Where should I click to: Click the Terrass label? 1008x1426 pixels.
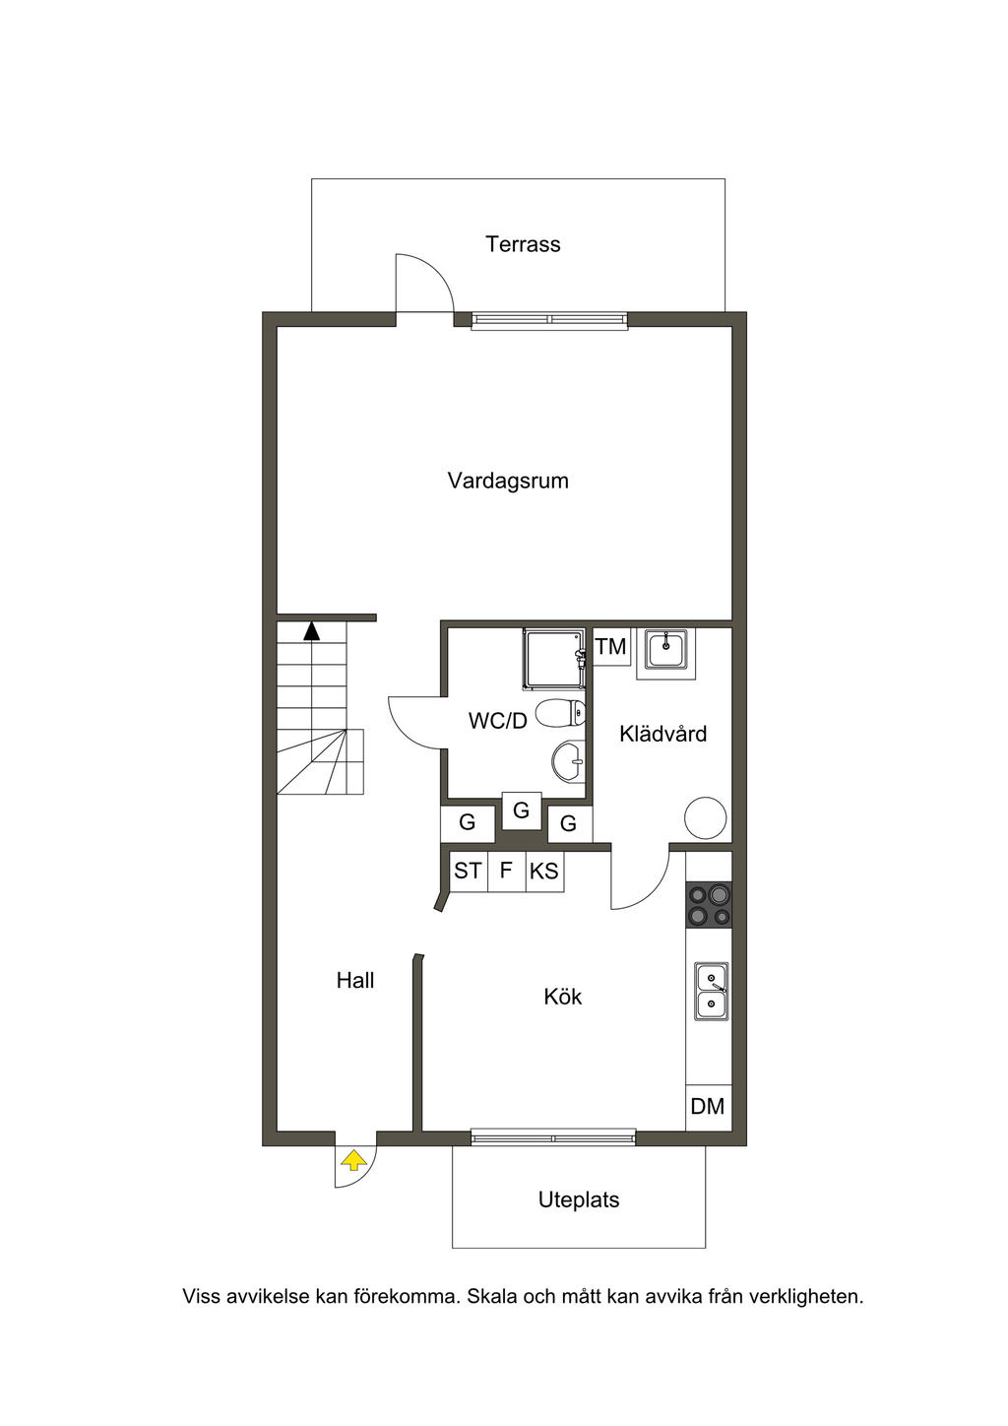[523, 244]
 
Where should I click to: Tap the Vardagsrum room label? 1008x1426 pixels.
[508, 481]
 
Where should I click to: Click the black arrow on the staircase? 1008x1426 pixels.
[311, 631]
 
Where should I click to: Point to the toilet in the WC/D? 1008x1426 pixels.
[560, 712]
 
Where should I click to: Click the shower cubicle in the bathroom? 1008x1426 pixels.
[553, 659]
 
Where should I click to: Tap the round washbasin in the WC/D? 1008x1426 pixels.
[568, 761]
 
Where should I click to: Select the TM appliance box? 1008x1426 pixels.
[611, 647]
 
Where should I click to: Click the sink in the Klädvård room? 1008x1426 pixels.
[665, 649]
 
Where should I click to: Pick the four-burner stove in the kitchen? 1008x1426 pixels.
[709, 905]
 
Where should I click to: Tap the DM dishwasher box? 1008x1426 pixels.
[709, 1106]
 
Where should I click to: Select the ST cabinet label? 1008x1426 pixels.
[468, 871]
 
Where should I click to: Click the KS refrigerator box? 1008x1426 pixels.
[544, 871]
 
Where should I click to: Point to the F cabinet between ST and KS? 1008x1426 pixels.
[507, 871]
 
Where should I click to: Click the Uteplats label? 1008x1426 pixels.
[579, 1200]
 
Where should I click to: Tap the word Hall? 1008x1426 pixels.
[355, 981]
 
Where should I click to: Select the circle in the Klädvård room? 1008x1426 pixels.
[705, 818]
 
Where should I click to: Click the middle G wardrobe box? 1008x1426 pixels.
[521, 810]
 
